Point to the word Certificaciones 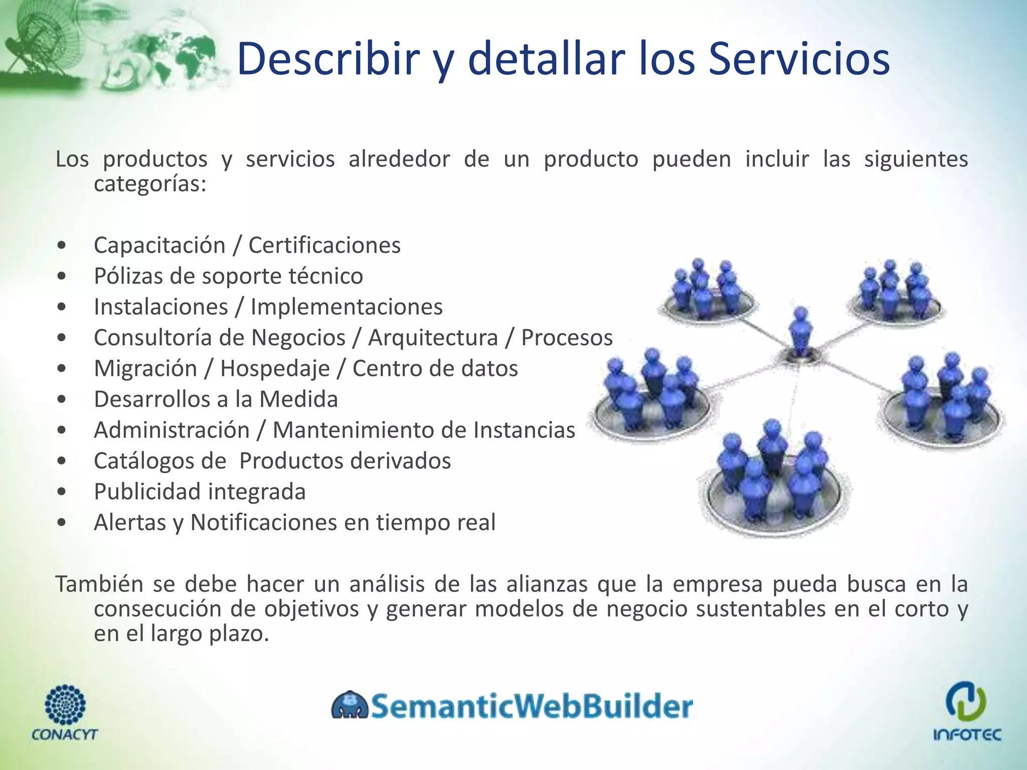pyautogui.click(x=324, y=246)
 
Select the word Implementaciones pyautogui.click(x=347, y=307)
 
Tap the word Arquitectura pyautogui.click(x=433, y=338)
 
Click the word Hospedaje pyautogui.click(x=275, y=368)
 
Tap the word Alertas pyautogui.click(x=130, y=522)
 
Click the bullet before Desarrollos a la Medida pyautogui.click(x=62, y=400)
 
